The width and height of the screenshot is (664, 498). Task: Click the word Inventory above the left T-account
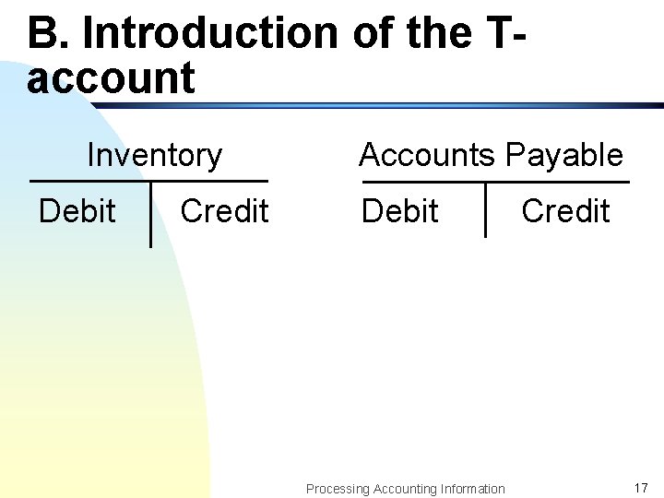(x=154, y=155)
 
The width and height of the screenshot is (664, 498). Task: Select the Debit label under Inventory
(x=77, y=211)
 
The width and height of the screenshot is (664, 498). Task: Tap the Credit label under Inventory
(x=224, y=211)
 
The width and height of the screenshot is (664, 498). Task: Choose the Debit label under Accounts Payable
(x=399, y=211)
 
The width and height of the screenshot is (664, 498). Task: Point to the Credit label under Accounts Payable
(x=565, y=211)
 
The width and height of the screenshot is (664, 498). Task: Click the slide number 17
(x=641, y=487)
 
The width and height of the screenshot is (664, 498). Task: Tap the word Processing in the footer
(x=338, y=489)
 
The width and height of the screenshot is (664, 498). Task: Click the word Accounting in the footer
(x=402, y=489)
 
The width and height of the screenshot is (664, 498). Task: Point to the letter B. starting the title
(x=48, y=33)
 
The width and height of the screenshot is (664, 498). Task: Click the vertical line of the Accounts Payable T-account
(x=485, y=209)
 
